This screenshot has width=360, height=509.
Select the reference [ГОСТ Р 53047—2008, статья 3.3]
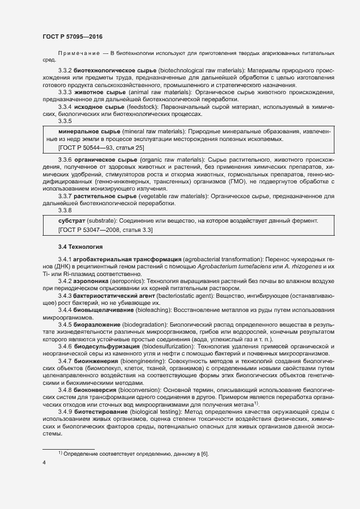coord(105,231)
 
